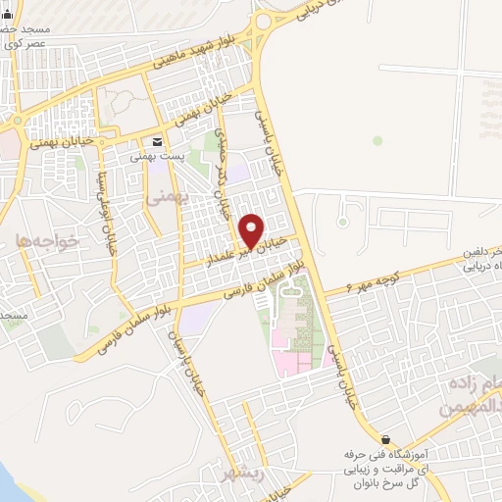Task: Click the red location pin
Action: coord(251,231)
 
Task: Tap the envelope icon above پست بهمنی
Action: coord(157,141)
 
